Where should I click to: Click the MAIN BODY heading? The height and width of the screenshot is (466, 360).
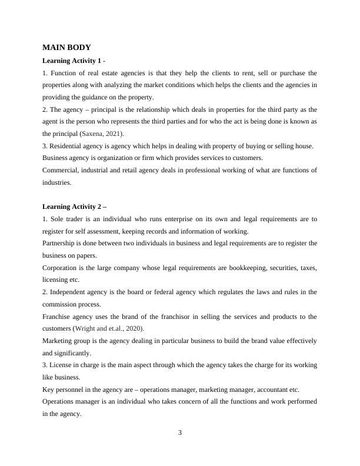click(x=66, y=47)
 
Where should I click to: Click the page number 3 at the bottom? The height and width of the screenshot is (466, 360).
click(x=180, y=433)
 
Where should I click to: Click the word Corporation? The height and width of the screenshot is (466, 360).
click(x=61, y=268)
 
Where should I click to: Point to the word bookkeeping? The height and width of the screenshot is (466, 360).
click(x=246, y=268)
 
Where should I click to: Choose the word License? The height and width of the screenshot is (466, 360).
click(x=61, y=365)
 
